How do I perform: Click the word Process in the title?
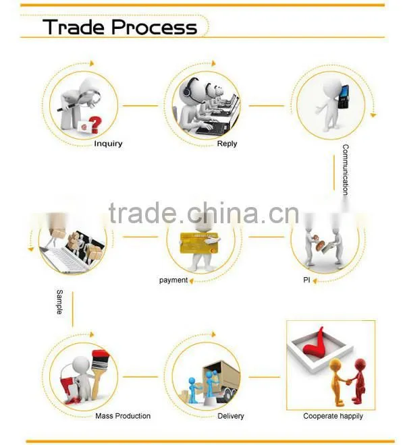(155, 27)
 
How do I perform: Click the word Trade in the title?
(74, 27)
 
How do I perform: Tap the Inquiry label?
(108, 144)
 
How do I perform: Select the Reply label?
(227, 144)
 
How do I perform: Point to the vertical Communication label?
(346, 170)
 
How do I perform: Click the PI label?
(306, 280)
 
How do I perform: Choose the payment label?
(173, 280)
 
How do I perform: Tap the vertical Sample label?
(59, 302)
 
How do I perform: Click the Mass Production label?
(123, 416)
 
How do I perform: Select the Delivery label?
(230, 416)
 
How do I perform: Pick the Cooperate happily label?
(333, 416)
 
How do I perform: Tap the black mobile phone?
(344, 97)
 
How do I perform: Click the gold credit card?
(199, 243)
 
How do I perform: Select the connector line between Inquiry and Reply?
(140, 106)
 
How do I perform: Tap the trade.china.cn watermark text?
(203, 213)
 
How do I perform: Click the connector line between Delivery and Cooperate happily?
(265, 377)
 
